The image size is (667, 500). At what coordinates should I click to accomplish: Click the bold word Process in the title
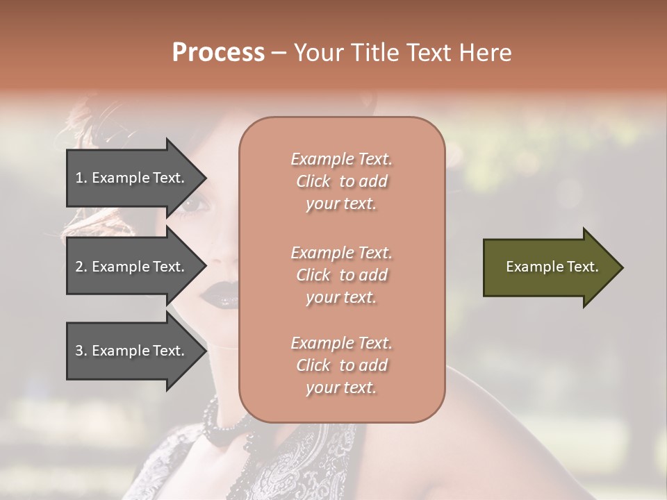point(218,53)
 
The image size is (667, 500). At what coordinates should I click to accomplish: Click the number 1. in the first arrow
point(81,178)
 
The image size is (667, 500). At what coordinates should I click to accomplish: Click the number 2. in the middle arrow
point(81,267)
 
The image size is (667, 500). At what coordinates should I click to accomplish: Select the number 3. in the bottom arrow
point(81,351)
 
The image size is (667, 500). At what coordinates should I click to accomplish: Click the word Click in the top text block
point(313,181)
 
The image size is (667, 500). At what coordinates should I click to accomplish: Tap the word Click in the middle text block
point(313,275)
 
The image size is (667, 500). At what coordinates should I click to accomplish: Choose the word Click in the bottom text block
point(313,365)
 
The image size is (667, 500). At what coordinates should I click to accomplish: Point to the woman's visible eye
point(196,205)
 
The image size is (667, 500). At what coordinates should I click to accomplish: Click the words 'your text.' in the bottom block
point(341,387)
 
